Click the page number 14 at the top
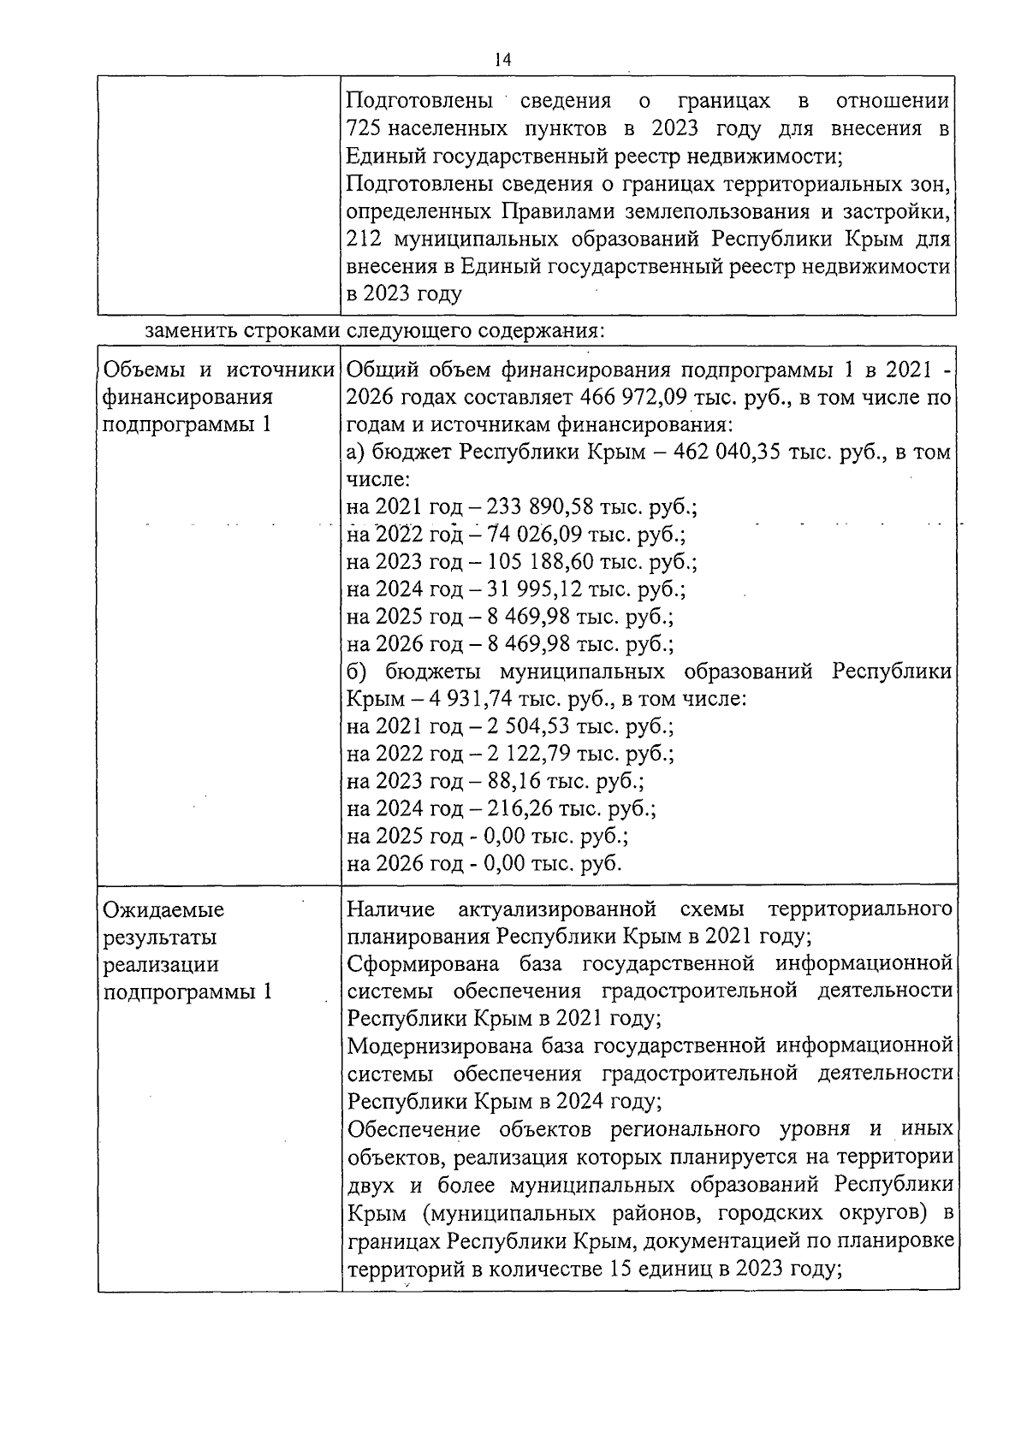click(x=502, y=59)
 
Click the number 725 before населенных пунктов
click(x=366, y=129)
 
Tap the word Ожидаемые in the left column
click(x=163, y=909)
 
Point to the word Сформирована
click(x=423, y=964)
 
